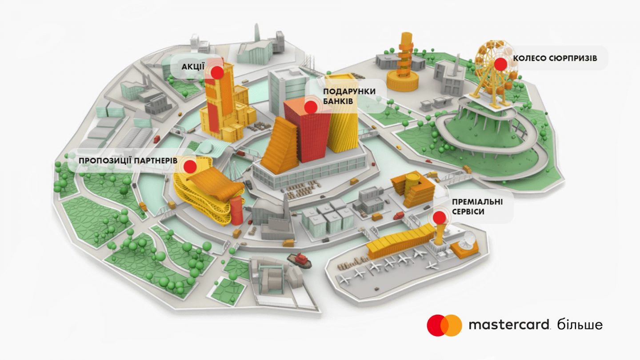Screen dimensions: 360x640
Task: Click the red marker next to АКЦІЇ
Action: tap(217, 72)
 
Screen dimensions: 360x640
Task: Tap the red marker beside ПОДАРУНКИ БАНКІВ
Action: tap(311, 107)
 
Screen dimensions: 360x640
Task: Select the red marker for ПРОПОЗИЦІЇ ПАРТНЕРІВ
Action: tap(190, 167)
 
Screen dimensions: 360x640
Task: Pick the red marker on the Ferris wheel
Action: tap(501, 64)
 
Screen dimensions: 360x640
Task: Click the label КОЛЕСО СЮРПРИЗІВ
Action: tap(555, 59)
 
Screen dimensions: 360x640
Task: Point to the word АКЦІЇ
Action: tap(192, 67)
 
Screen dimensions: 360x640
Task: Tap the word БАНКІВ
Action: tap(338, 101)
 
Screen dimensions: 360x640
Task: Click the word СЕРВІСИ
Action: tap(468, 212)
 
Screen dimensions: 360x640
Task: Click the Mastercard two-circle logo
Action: tap(444, 325)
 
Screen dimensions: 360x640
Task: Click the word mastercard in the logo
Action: tap(509, 325)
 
